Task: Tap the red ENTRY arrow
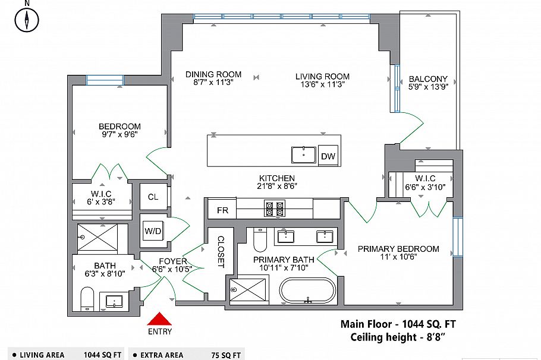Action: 160,320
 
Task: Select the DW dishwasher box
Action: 328,156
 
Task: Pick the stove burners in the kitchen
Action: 274,209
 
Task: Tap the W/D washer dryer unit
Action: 152,232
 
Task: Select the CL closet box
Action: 153,197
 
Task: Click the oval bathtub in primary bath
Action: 308,292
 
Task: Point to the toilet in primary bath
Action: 260,239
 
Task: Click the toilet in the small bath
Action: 87,298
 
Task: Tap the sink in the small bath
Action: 114,301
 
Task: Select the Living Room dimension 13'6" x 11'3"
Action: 322,84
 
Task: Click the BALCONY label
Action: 428,78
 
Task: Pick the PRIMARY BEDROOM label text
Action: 398,249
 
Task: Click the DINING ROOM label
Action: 213,74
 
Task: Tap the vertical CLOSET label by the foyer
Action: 221,252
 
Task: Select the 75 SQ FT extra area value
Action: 227,355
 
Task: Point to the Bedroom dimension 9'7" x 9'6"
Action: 119,135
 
